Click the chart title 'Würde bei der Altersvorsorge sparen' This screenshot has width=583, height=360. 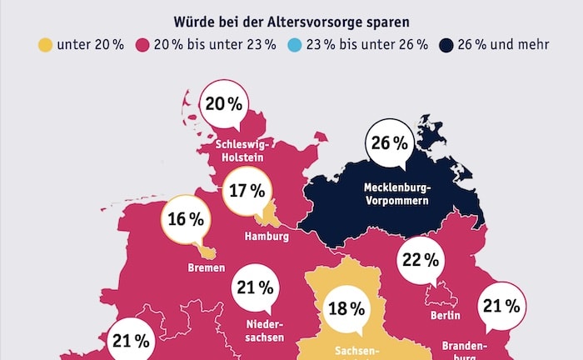[291, 17]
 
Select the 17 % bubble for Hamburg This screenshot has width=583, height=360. [247, 191]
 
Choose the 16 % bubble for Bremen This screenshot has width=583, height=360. [186, 219]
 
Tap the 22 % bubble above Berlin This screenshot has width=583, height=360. [421, 259]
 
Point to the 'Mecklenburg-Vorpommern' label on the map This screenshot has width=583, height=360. [396, 193]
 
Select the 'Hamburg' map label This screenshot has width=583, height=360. [267, 237]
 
